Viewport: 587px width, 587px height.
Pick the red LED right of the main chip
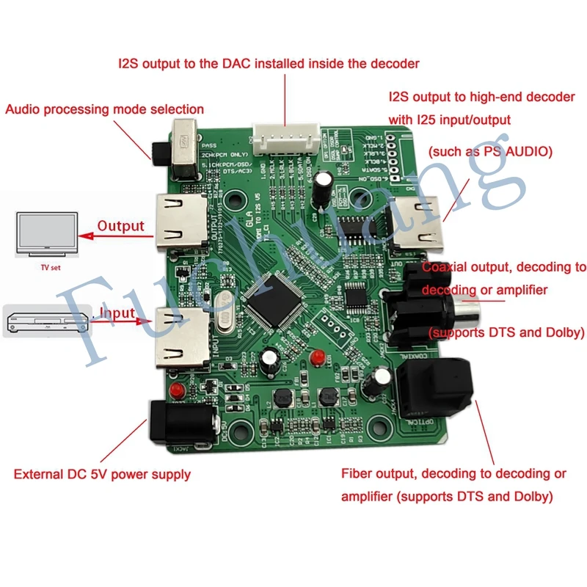317,357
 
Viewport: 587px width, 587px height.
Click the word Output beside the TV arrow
121,226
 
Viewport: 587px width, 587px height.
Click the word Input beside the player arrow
117,313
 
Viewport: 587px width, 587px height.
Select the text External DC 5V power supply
102,474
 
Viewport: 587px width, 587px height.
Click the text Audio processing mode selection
105,109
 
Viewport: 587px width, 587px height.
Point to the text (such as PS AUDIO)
490,151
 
